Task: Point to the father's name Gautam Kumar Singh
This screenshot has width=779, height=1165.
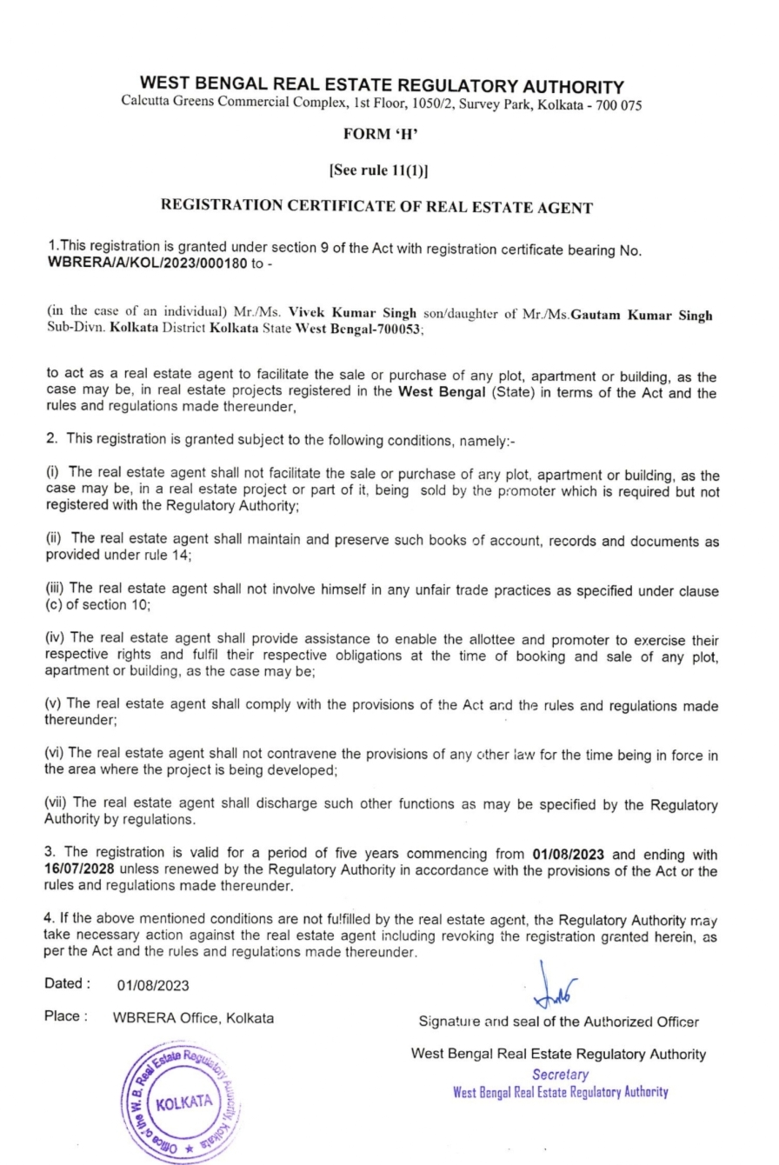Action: [x=642, y=314]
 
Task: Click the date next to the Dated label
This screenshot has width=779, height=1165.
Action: [x=152, y=986]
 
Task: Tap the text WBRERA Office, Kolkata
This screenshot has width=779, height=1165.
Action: [x=193, y=1019]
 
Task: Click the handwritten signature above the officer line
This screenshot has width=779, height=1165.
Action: [x=554, y=987]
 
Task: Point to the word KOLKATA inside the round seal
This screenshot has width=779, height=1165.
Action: [x=183, y=1102]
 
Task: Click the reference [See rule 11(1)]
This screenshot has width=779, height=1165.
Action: [x=377, y=170]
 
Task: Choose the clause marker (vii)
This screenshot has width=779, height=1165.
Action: [x=57, y=805]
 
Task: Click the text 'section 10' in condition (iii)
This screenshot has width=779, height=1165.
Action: [x=103, y=606]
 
